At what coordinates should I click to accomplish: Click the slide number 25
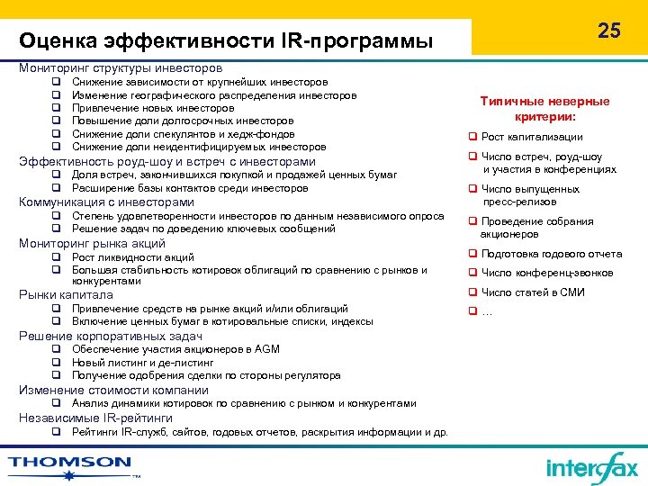(x=609, y=31)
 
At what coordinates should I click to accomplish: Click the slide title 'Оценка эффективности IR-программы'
(x=226, y=41)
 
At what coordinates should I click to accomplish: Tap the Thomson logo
(x=70, y=464)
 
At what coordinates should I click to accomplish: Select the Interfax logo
(x=591, y=468)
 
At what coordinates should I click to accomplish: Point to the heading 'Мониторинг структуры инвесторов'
(x=121, y=67)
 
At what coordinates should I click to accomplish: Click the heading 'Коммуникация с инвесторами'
(x=106, y=202)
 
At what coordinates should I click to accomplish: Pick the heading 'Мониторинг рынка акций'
(x=92, y=243)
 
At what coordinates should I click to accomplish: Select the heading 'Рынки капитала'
(x=66, y=294)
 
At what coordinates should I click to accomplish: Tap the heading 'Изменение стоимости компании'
(x=113, y=390)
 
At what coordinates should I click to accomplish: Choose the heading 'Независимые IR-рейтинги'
(x=95, y=418)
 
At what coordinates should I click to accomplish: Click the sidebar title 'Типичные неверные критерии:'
(x=544, y=109)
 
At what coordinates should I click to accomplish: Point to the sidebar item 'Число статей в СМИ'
(x=532, y=292)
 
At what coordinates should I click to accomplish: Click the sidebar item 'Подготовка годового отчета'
(x=552, y=254)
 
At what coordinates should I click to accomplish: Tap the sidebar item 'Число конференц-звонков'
(x=547, y=273)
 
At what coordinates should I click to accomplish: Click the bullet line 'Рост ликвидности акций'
(x=132, y=257)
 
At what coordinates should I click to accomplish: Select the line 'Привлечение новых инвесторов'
(x=153, y=108)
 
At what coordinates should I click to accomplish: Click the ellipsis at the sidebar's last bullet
(x=488, y=311)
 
